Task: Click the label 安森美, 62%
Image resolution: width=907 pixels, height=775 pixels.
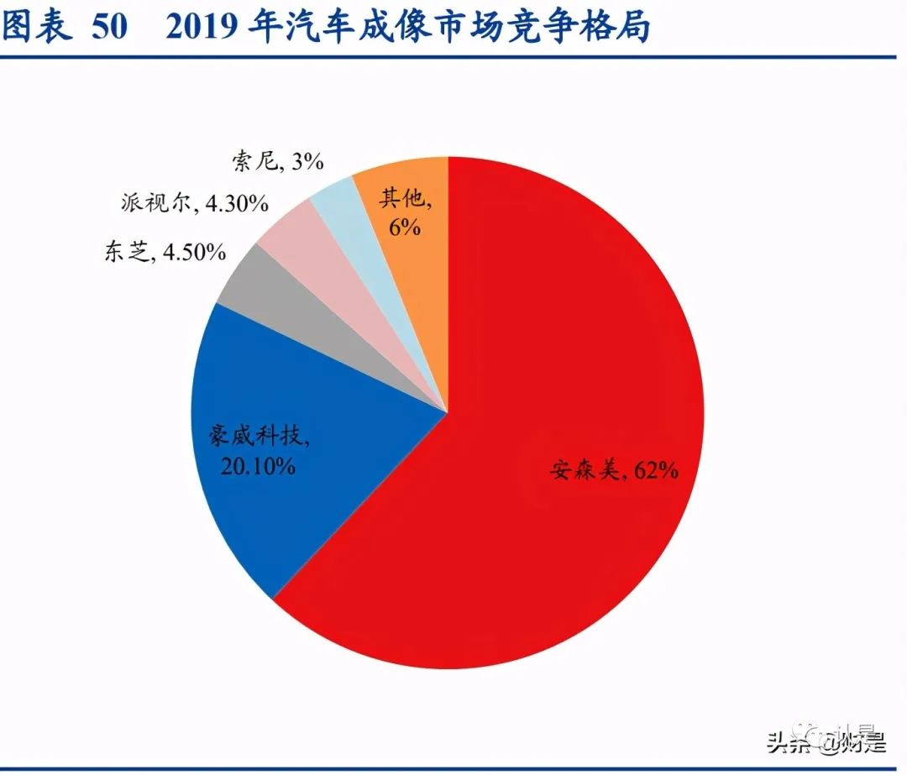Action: coord(613,470)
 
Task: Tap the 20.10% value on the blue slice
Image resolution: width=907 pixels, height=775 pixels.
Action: coord(258,466)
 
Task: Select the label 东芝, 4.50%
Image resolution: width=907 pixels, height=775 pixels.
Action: coord(165,252)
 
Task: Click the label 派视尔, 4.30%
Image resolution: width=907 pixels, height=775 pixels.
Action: coord(194,202)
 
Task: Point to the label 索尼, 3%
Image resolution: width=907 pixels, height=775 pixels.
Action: coord(276,161)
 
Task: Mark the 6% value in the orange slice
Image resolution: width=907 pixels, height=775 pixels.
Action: coord(404,227)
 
